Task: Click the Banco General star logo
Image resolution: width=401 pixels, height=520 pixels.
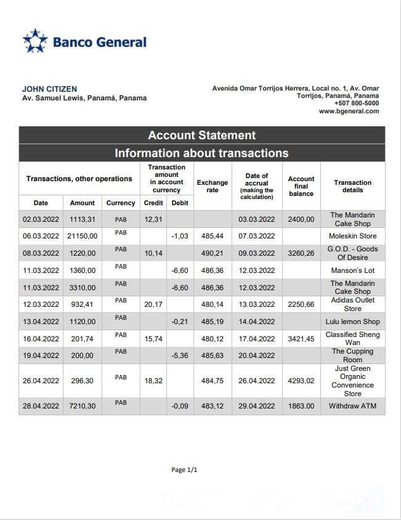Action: point(35,41)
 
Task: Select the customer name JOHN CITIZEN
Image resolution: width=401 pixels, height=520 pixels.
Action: point(49,89)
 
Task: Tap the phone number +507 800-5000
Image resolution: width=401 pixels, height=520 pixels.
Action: point(357,104)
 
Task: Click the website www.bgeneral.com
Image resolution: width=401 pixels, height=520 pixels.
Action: point(349,112)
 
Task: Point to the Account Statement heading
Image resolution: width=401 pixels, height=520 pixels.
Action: point(201,136)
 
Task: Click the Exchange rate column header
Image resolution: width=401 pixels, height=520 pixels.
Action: point(212,186)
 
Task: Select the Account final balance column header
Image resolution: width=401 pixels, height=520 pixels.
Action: point(301,186)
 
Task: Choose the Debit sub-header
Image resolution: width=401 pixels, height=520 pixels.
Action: point(180,203)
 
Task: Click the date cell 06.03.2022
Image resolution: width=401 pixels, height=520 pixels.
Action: point(41,236)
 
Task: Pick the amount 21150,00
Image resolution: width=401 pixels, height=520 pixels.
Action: point(82,236)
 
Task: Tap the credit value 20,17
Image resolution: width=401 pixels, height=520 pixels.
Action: point(153,304)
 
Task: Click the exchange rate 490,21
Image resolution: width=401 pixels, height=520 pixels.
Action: point(212,253)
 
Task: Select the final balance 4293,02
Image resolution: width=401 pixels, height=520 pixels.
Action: point(301,381)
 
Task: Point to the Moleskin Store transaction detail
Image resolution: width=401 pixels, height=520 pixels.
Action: point(352,236)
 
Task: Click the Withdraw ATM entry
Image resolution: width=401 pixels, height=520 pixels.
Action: point(352,406)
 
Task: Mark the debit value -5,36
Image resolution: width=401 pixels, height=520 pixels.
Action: point(179,355)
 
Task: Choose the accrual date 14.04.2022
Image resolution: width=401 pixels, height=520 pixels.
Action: point(256,322)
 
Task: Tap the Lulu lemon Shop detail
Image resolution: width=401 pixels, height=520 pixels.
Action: point(352,322)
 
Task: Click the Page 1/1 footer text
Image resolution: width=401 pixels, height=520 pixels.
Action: point(184,470)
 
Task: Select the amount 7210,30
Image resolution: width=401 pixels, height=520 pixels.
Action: point(82,406)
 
